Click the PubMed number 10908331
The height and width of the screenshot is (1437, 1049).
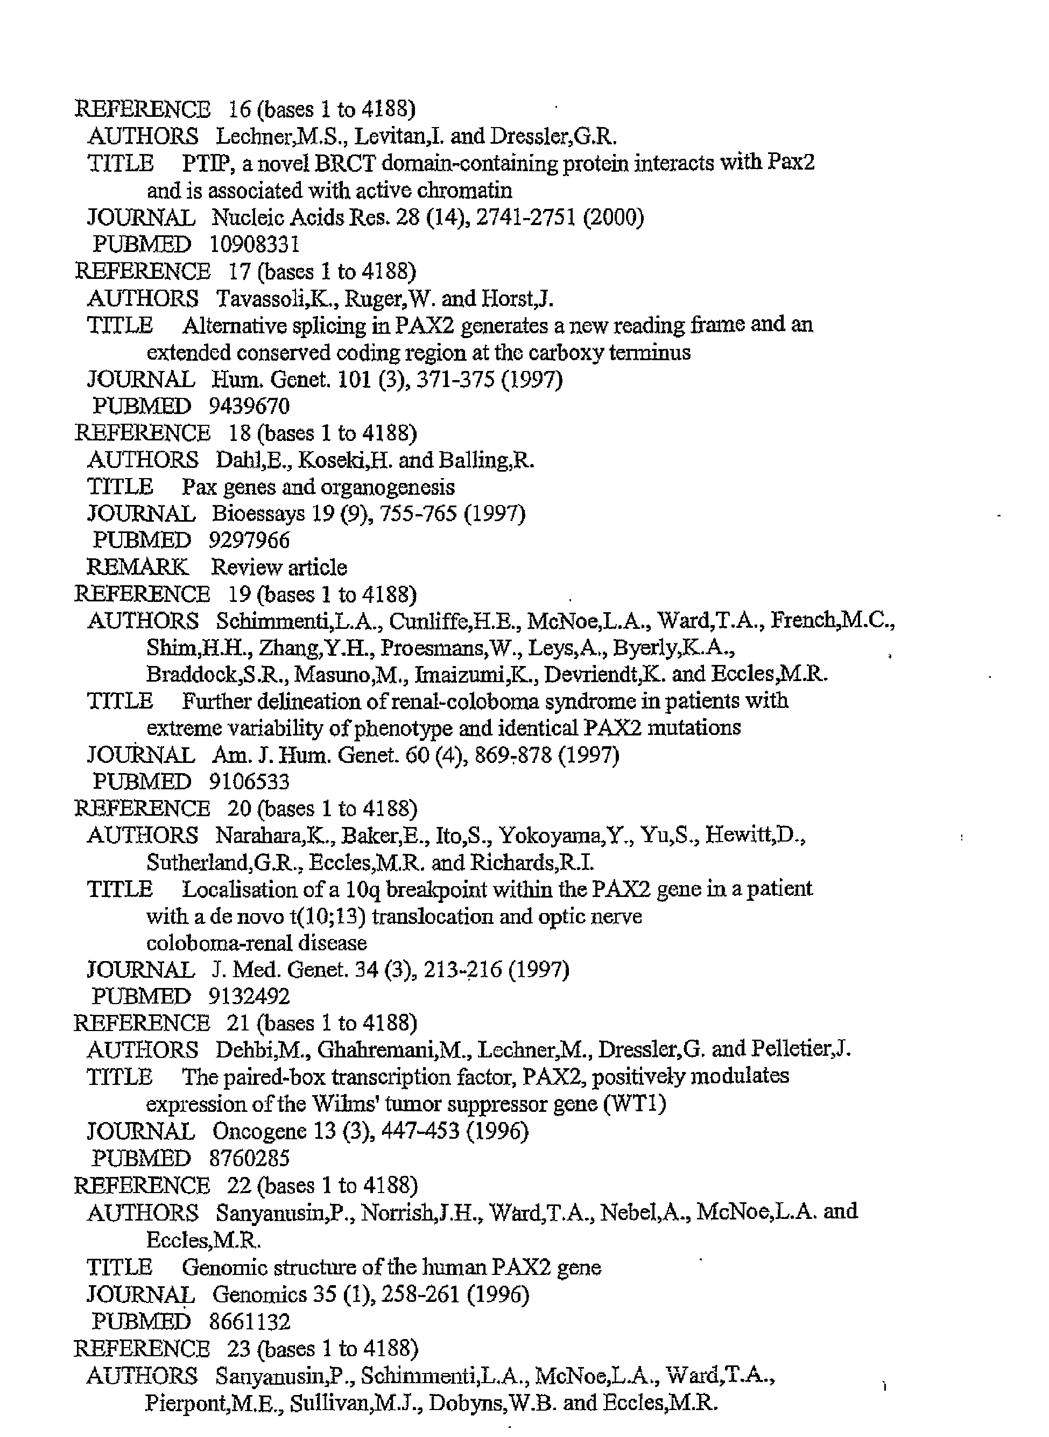coord(254,244)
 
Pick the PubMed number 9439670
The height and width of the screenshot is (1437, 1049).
coord(249,406)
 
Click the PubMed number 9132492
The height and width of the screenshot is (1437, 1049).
coord(249,997)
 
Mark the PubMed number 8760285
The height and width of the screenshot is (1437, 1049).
coord(249,1158)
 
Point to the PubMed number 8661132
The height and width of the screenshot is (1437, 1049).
coord(249,1321)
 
